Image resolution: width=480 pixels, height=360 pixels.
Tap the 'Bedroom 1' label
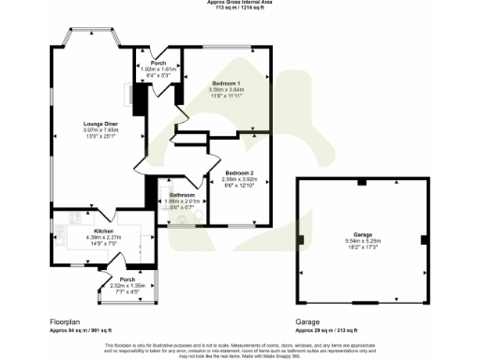coord(224,83)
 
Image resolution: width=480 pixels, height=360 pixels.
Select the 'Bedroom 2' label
coord(239,172)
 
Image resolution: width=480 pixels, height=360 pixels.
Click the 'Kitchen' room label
coord(103,230)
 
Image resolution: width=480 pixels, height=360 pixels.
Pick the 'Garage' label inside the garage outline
coord(362,232)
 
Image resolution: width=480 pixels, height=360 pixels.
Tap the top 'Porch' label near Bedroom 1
coord(158,64)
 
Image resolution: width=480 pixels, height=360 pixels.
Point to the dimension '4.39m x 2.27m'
coord(103,236)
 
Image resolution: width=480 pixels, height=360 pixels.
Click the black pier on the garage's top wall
coord(362,180)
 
